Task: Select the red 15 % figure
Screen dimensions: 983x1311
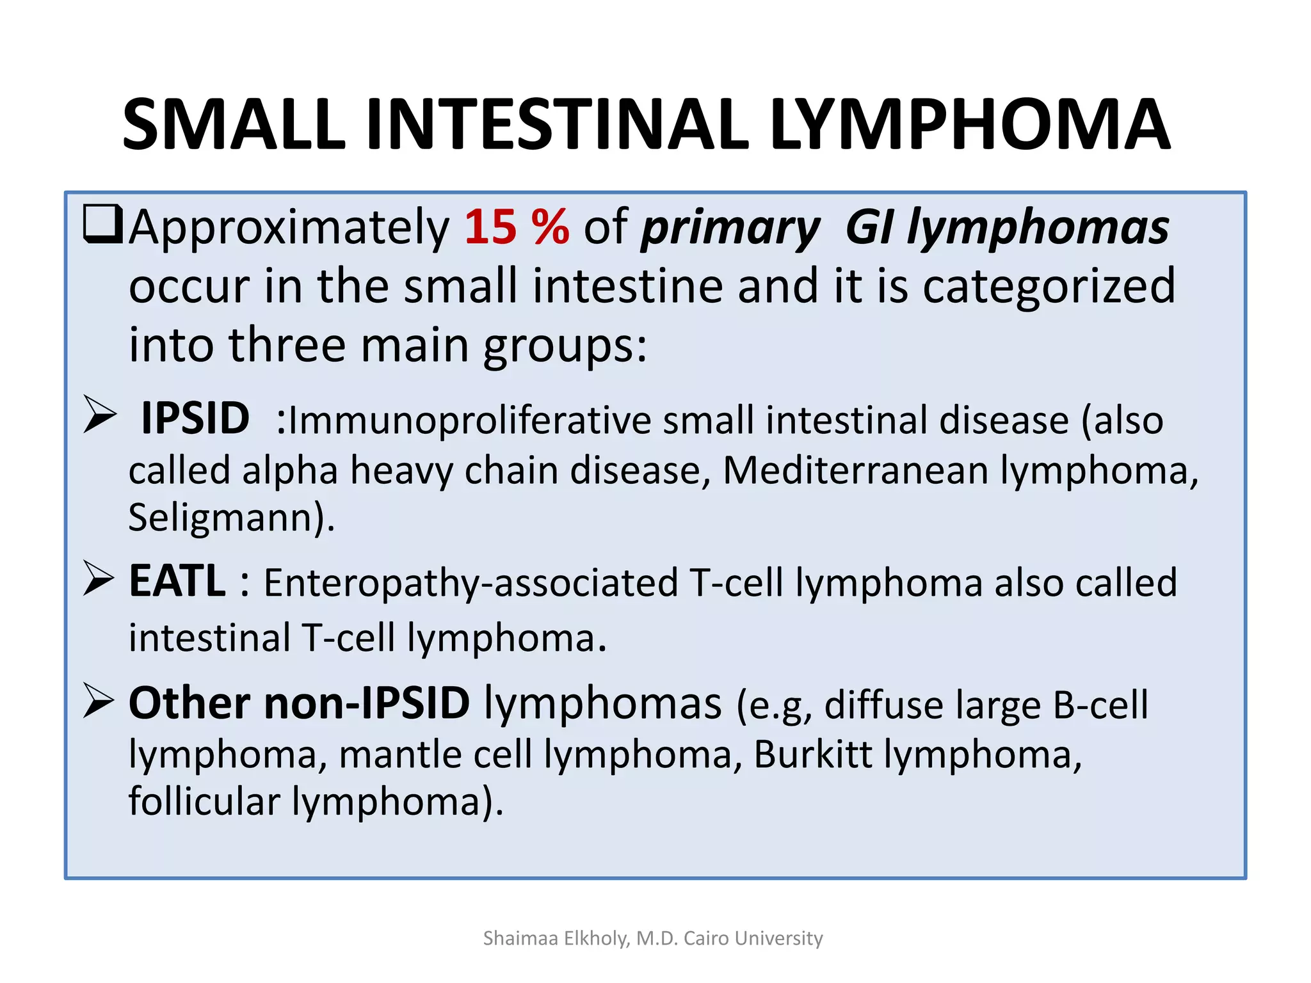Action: coord(517,227)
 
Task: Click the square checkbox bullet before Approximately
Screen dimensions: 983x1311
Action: coord(102,224)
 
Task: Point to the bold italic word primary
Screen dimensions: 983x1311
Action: coord(730,228)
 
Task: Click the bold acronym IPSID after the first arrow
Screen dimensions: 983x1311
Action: coord(195,419)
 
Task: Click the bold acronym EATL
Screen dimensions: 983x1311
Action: coord(177,581)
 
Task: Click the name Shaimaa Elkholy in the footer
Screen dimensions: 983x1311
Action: coord(556,938)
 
